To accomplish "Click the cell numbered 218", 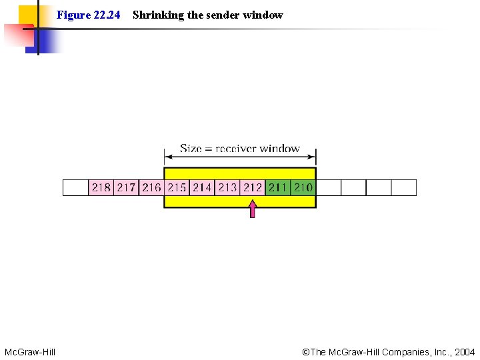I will (x=101, y=187).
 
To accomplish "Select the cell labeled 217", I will (x=126, y=187).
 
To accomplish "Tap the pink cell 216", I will (x=151, y=187).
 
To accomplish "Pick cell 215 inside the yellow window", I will (x=177, y=187).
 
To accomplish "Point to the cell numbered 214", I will (x=202, y=187).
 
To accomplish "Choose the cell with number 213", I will (x=227, y=187).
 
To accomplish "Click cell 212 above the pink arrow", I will (x=253, y=187).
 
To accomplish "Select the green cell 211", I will (x=278, y=187).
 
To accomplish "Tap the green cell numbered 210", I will (x=303, y=187).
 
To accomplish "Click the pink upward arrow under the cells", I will (x=252, y=210).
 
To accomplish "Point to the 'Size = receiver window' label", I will (x=240, y=149).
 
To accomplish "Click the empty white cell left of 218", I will (x=75, y=187).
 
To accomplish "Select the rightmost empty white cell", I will (x=403, y=187).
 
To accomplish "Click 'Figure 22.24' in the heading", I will (x=88, y=15).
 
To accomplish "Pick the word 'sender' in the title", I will (x=224, y=15).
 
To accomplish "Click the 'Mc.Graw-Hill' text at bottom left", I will (x=30, y=351).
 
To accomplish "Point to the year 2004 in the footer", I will (x=464, y=351).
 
